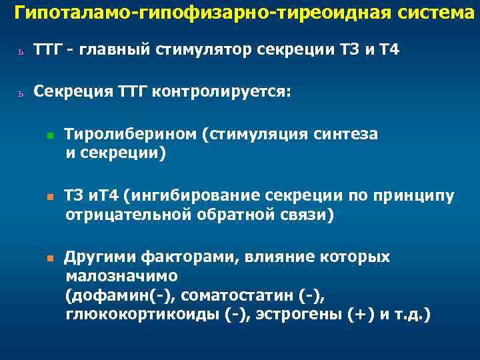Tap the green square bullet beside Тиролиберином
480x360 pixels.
tap(50, 135)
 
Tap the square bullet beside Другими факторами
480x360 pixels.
tap(50, 258)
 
